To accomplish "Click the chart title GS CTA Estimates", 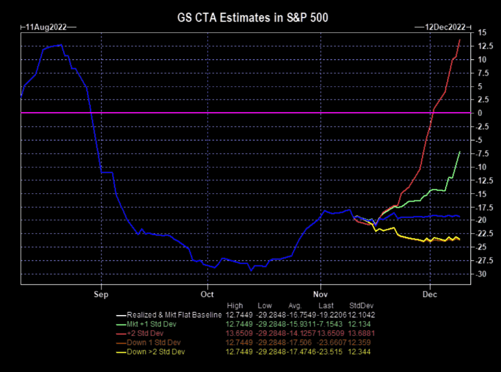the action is [229, 17].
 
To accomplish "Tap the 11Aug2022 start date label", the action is [46, 27].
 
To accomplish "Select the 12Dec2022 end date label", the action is [445, 27].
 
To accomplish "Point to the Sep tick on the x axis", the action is [101, 294].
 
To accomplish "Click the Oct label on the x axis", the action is [207, 294].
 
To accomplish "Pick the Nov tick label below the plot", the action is [320, 294].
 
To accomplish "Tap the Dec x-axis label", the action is [430, 294].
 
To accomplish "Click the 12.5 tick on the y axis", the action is [485, 46].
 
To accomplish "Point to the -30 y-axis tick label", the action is [482, 274].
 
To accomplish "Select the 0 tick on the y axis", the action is [480, 113].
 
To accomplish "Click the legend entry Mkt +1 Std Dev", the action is [151, 324].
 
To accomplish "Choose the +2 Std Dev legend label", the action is [145, 334].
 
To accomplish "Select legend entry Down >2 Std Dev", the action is [155, 352].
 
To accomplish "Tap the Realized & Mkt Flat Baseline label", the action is [174, 315].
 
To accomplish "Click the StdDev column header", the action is [361, 305].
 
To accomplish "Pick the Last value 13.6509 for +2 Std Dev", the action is [331, 334].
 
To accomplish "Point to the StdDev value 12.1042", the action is [361, 315].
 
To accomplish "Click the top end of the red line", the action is [460, 40].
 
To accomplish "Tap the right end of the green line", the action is [460, 151].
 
